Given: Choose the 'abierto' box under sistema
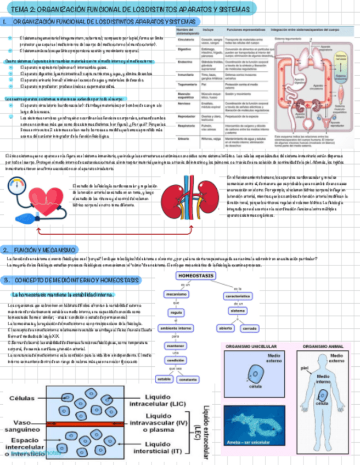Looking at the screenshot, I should pyautogui.click(x=226, y=328).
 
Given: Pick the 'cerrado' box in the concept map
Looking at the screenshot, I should pyautogui.click(x=250, y=328).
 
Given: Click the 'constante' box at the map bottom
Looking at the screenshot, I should pyautogui.click(x=188, y=379).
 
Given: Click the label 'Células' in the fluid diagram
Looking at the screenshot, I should pyautogui.click(x=21, y=399).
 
